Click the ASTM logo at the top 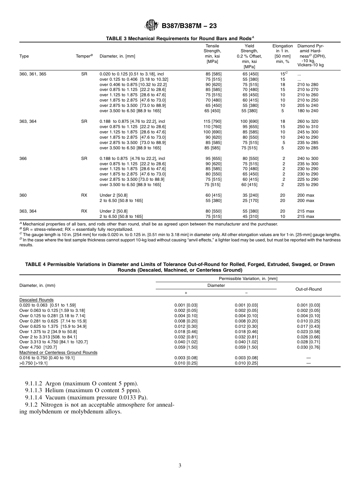coord(152,26)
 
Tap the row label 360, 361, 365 coord(33,74)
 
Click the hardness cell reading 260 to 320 coord(308,122)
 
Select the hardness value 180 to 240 coord(308,111)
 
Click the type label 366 coord(23,158)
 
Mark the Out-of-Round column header coord(308,289)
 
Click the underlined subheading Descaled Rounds coord(36,300)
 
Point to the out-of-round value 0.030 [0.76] coord(308,347)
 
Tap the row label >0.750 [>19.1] coord(33,363)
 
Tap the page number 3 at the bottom coord(180,466)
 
